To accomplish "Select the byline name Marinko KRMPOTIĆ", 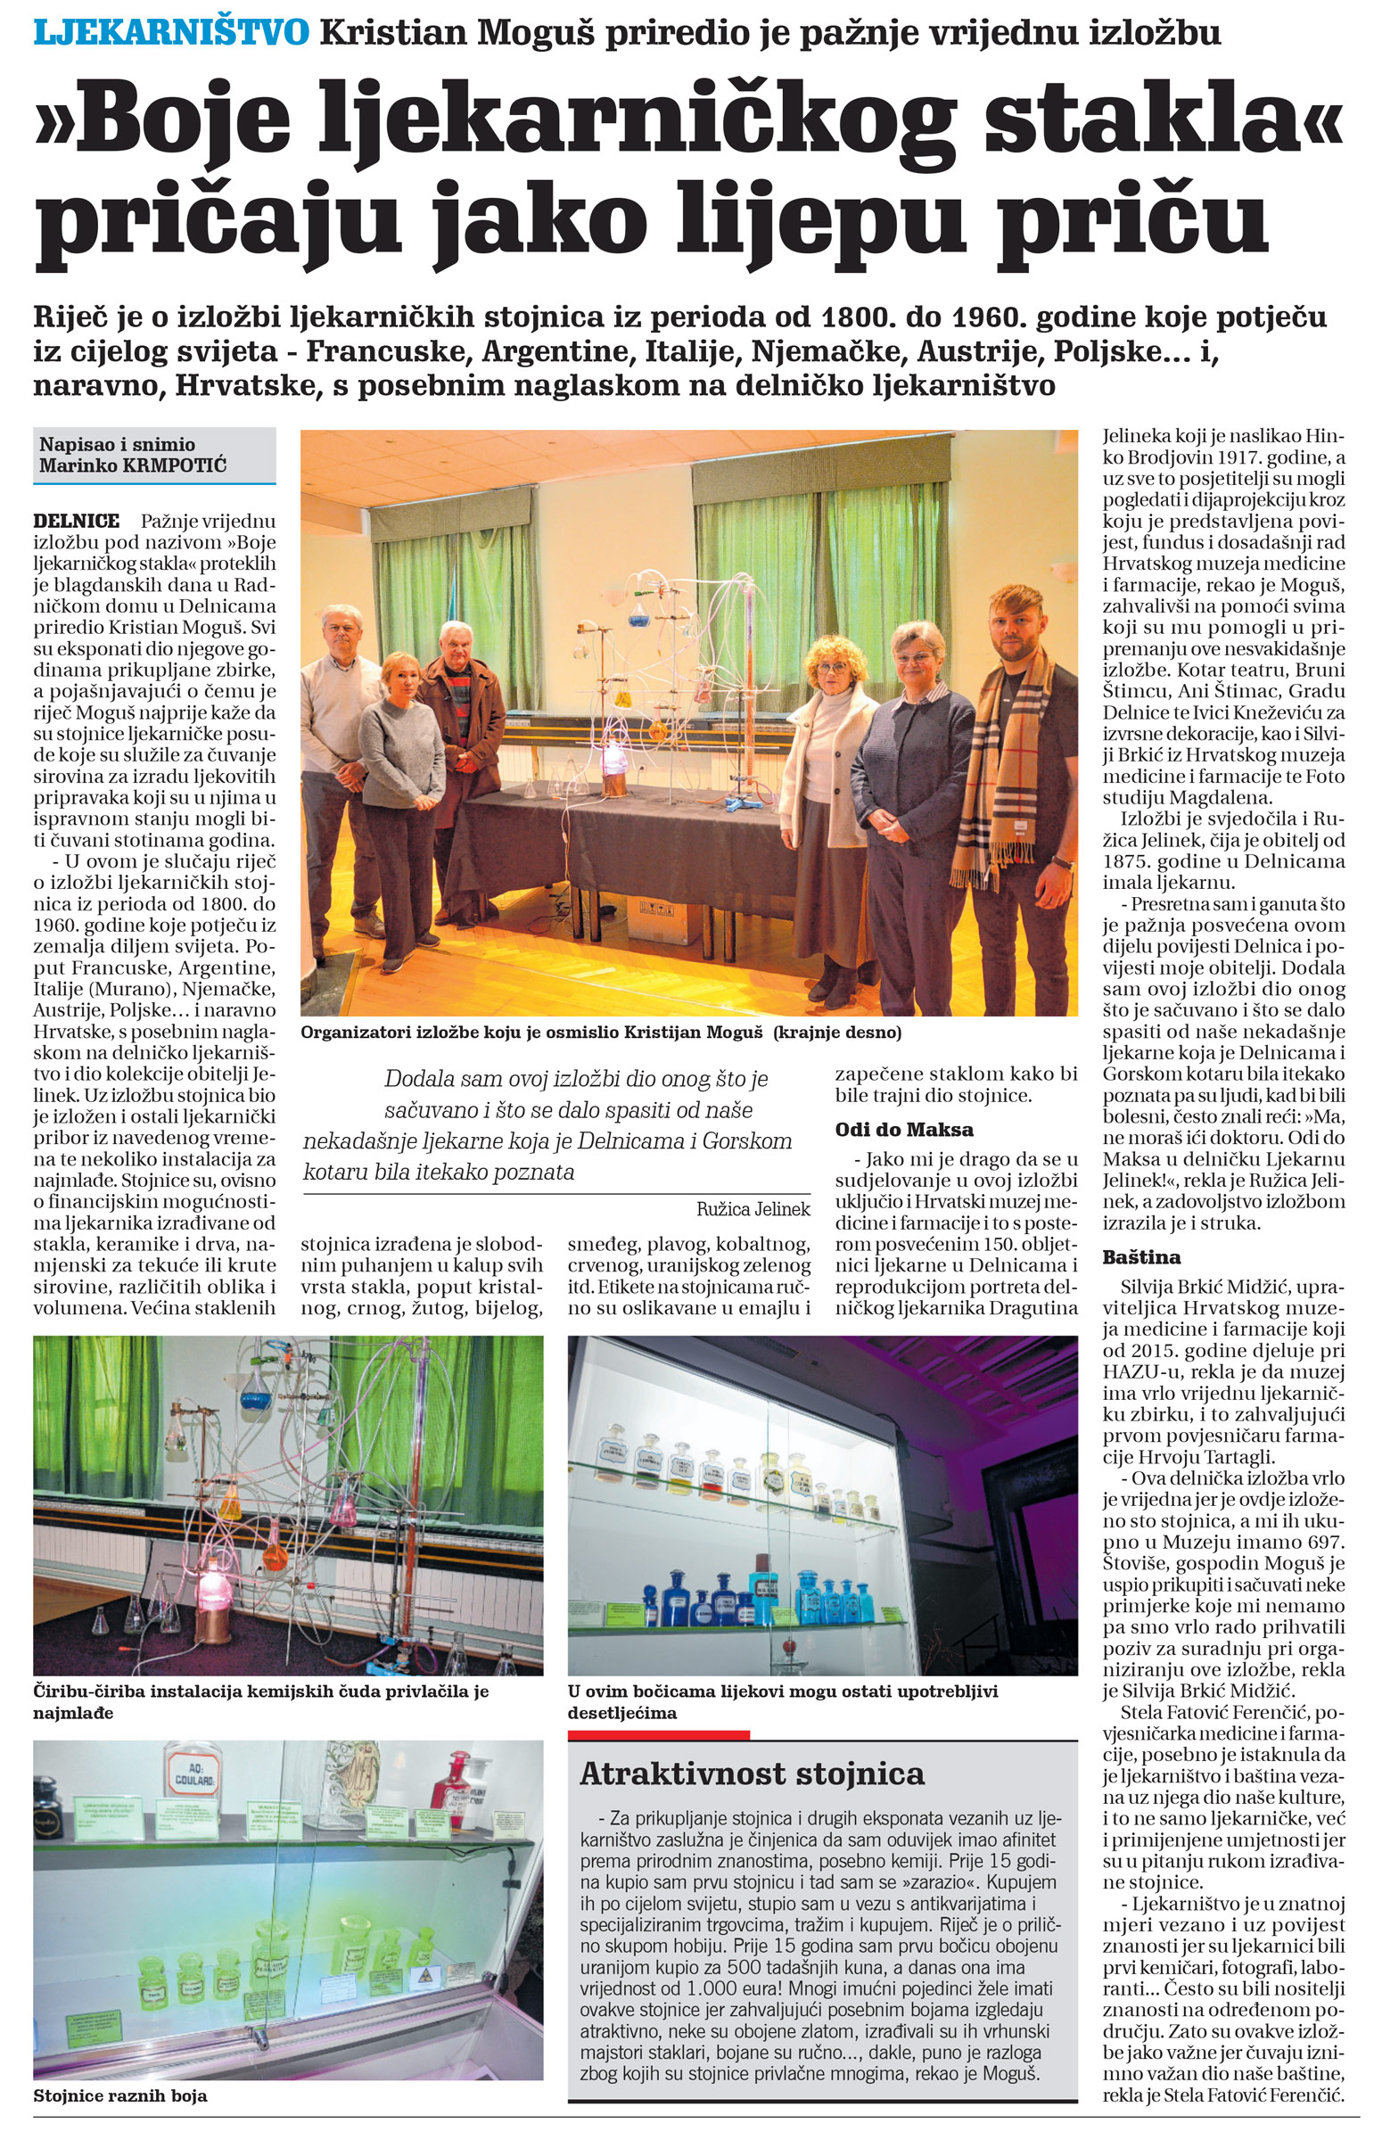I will [x=132, y=465].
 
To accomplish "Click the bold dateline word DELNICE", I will [x=77, y=521].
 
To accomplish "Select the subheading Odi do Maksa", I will [x=904, y=1131].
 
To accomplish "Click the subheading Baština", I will [x=1141, y=1258].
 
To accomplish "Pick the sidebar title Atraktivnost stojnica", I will [x=753, y=1774].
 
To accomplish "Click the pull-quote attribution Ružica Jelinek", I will [x=753, y=1209].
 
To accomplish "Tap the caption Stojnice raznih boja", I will [x=120, y=2095].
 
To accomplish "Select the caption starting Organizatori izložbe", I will [x=601, y=1033].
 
